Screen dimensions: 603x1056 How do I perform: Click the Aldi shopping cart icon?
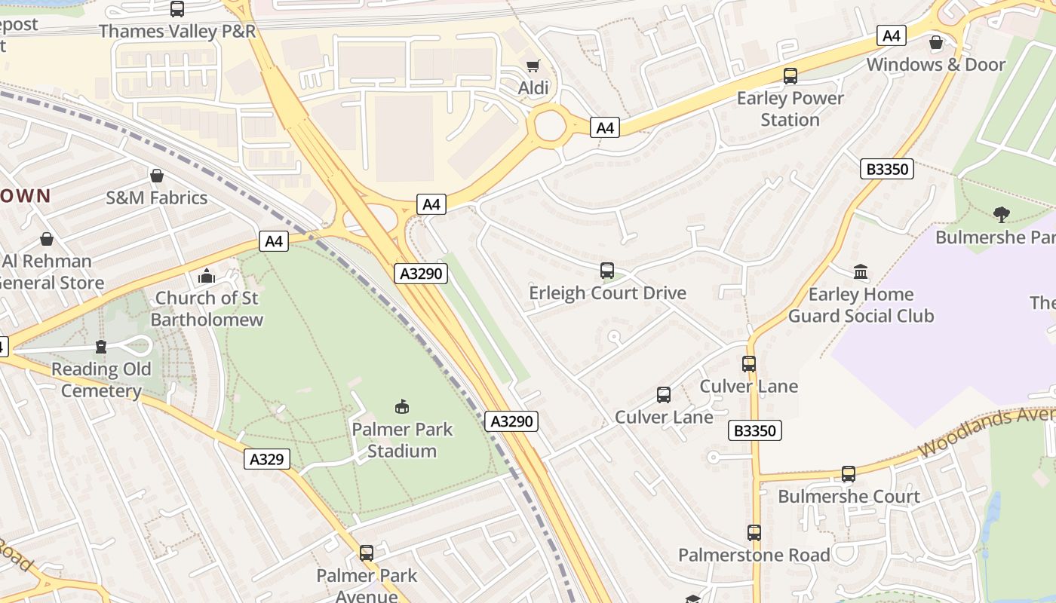pos(533,66)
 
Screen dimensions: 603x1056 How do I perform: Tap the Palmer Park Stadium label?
pos(402,440)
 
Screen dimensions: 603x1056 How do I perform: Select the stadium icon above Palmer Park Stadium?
pos(402,407)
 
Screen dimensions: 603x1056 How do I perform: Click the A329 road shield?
pos(267,459)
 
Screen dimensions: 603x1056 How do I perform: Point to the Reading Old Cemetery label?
pos(101,380)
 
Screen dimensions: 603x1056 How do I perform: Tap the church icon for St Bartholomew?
pos(207,277)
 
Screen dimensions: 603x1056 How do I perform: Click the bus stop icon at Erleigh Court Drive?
pos(607,271)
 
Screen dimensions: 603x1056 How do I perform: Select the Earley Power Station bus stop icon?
pos(790,76)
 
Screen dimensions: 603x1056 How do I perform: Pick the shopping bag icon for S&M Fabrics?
pos(157,176)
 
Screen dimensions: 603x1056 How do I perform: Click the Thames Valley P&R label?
pos(177,32)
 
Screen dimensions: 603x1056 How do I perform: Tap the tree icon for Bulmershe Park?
pos(1001,215)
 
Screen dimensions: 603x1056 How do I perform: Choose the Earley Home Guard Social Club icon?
pos(861,271)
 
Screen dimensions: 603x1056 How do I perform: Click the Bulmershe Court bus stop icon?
pos(849,474)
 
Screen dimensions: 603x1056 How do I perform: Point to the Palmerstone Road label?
pos(754,556)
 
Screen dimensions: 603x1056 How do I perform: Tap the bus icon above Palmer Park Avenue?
pos(367,552)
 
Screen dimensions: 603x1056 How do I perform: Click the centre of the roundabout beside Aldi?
pos(550,125)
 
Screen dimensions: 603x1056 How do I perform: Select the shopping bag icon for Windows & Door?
pos(936,42)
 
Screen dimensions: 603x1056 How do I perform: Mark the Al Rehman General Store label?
pos(51,272)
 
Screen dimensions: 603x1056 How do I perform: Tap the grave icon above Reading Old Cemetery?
pos(101,347)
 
